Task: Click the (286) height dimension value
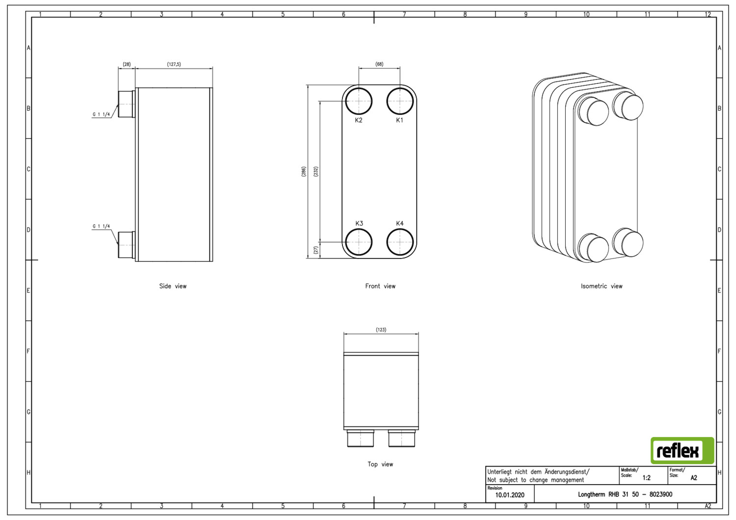(x=304, y=172)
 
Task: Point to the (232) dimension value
(x=316, y=172)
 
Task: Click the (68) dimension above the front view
(x=379, y=64)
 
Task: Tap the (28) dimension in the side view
(x=127, y=64)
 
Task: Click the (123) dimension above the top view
(x=381, y=330)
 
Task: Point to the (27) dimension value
(x=316, y=250)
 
